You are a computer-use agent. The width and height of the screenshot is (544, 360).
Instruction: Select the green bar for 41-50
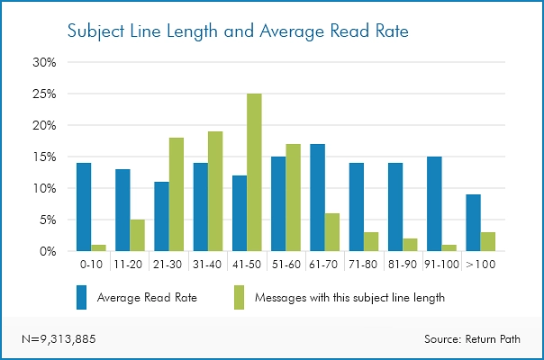(x=255, y=173)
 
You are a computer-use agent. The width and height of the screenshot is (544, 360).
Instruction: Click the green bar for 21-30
(x=177, y=194)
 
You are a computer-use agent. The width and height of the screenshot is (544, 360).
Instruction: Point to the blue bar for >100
(x=473, y=223)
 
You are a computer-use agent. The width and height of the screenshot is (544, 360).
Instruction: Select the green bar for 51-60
(x=294, y=198)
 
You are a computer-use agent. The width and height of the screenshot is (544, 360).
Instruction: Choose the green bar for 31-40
(x=216, y=192)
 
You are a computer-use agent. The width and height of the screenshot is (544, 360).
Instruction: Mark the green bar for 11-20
(x=138, y=236)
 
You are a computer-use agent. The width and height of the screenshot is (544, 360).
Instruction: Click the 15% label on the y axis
(x=45, y=157)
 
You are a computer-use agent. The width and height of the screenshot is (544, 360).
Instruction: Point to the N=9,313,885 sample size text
(x=59, y=339)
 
